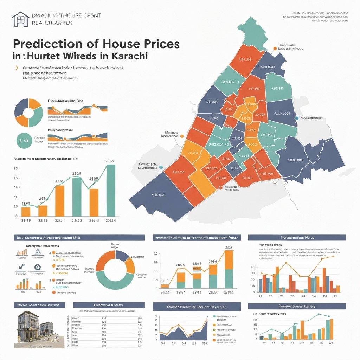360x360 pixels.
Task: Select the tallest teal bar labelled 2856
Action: pyautogui.click(x=110, y=191)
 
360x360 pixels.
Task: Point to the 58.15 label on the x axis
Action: pyautogui.click(x=26, y=221)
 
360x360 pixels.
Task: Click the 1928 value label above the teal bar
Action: pyautogui.click(x=77, y=173)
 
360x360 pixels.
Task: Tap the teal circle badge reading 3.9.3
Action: pyautogui.click(x=24, y=141)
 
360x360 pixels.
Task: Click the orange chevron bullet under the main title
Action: pyautogui.click(x=16, y=67)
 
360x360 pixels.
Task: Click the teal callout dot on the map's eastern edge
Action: pyautogui.click(x=297, y=118)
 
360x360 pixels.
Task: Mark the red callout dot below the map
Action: pyautogui.click(x=221, y=188)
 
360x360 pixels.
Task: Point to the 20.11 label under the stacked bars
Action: pyautogui.click(x=165, y=292)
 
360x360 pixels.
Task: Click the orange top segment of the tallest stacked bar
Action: pyautogui.click(x=229, y=259)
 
